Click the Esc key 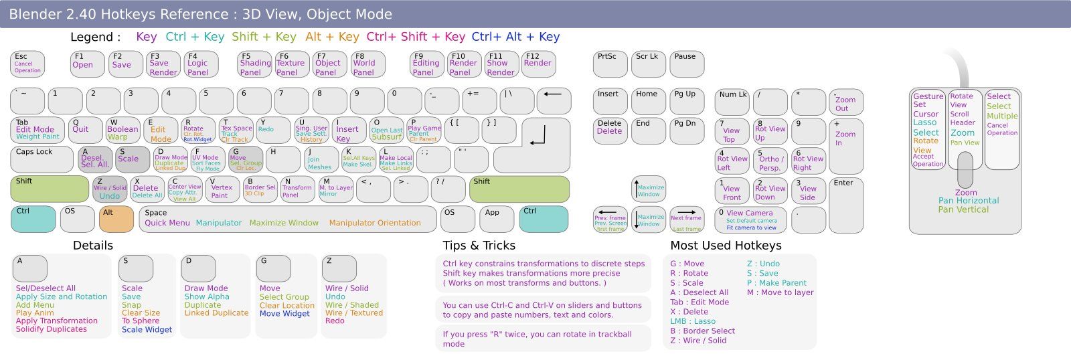[x=27, y=64]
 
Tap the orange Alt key [x=116, y=219]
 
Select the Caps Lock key [x=42, y=159]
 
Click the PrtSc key [x=610, y=64]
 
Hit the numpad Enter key [x=845, y=205]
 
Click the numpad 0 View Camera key [x=751, y=219]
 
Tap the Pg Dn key [x=687, y=130]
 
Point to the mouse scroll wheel [x=965, y=170]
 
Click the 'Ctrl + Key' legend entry [x=195, y=37]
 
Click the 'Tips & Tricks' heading [x=479, y=246]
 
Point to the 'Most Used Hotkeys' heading [x=726, y=246]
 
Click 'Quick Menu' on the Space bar [x=167, y=223]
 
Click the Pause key [x=687, y=64]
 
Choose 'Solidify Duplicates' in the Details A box [x=52, y=329]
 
